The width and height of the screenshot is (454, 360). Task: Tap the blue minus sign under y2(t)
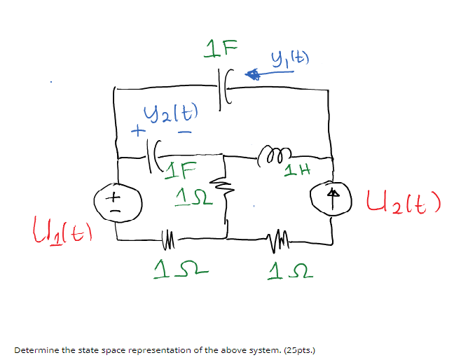185,132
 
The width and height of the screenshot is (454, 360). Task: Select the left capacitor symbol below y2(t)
156,148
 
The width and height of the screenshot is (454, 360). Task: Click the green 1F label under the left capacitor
185,168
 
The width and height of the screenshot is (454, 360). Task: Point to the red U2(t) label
402,202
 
